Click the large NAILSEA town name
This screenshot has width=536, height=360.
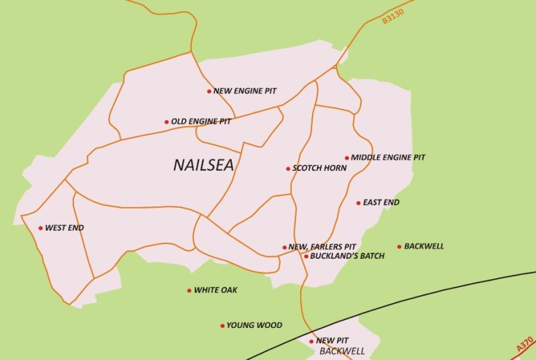(203, 165)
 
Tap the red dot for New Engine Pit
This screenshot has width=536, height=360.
(209, 91)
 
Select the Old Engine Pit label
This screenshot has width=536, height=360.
(201, 121)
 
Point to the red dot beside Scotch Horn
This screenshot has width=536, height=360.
(288, 168)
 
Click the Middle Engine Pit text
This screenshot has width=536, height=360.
(388, 158)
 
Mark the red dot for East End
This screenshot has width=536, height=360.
(359, 203)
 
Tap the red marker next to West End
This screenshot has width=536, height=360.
(40, 228)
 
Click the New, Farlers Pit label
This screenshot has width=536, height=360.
(322, 247)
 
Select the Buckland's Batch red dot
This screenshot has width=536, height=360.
(306, 256)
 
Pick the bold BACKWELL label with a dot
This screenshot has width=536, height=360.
(424, 246)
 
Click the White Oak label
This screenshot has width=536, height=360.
(216, 290)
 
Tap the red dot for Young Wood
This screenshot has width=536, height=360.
(223, 326)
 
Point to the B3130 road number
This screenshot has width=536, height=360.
(394, 13)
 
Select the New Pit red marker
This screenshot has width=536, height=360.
(311, 341)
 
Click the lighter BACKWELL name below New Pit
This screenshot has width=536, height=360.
(342, 351)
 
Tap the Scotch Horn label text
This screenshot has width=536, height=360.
(320, 168)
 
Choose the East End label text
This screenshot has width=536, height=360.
(381, 203)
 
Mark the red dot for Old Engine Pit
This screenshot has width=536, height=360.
(166, 122)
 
